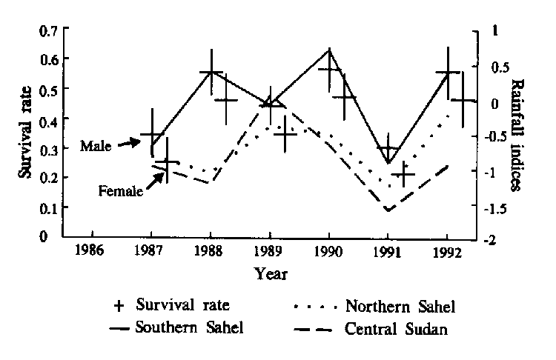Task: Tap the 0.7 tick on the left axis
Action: pyautogui.click(x=48, y=31)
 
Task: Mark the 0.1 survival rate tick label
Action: pyautogui.click(x=48, y=207)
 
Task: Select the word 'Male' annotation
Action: pyautogui.click(x=96, y=146)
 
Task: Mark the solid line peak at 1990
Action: pyautogui.click(x=328, y=50)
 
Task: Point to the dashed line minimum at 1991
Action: pyautogui.click(x=388, y=210)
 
